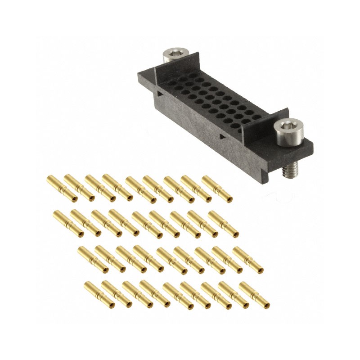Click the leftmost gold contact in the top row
[x=62, y=189]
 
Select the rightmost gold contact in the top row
[x=217, y=189]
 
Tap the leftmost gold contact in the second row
[x=68, y=223]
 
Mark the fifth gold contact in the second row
[x=147, y=224]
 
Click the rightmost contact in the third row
[x=248, y=260]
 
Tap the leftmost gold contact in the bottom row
[x=99, y=294]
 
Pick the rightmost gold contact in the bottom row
[x=254, y=295]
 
